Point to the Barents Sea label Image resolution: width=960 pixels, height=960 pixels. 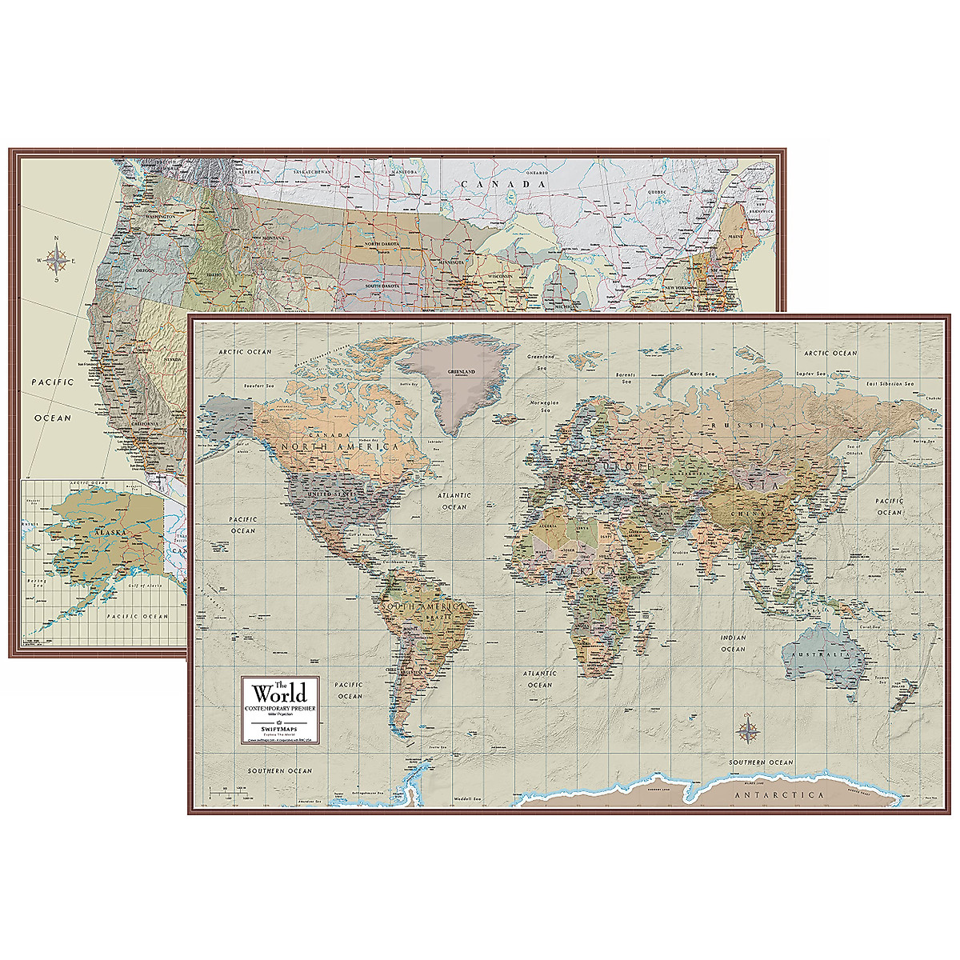[x=638, y=373]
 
